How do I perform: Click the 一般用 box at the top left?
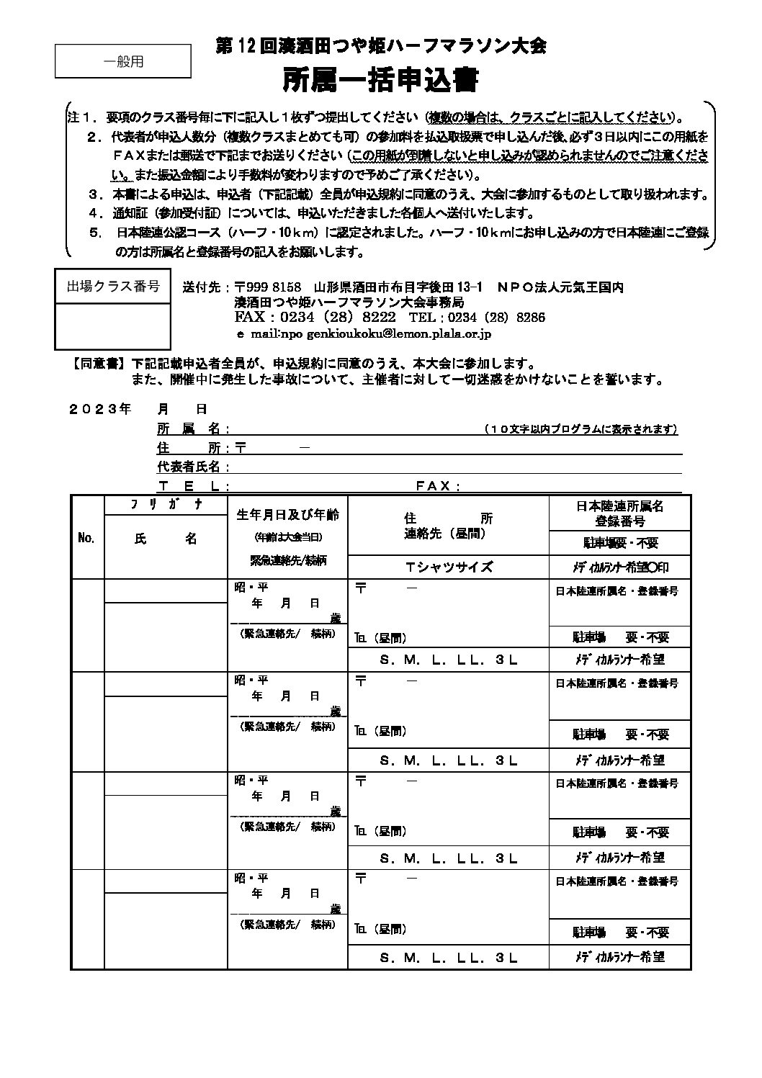click(123, 61)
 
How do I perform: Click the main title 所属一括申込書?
click(380, 80)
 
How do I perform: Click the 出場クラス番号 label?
click(113, 287)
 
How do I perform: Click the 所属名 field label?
click(192, 429)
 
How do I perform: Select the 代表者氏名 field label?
click(192, 467)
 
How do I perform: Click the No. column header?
click(86, 538)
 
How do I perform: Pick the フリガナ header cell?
click(166, 505)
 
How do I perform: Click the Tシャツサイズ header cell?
click(448, 566)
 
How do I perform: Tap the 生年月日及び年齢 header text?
click(287, 515)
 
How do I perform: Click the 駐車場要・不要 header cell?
click(619, 542)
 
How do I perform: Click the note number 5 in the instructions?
click(94, 233)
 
